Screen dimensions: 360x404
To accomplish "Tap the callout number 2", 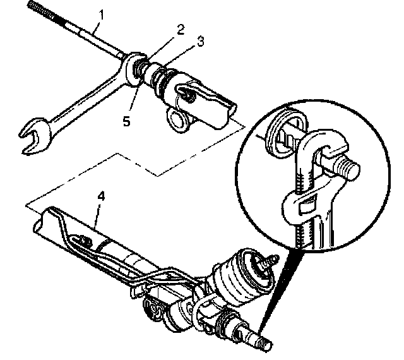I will tap(180, 28).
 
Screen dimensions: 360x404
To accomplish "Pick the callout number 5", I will tap(126, 121).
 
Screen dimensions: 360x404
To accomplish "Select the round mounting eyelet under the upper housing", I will tap(179, 119).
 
